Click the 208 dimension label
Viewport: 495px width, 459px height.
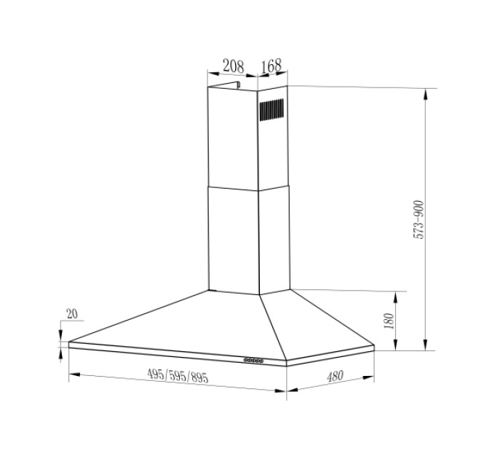tap(233, 66)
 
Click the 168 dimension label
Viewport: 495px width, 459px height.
tap(272, 66)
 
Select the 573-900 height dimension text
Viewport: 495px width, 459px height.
tap(419, 219)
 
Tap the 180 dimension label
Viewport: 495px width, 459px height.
tap(389, 321)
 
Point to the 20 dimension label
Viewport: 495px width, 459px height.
tap(72, 314)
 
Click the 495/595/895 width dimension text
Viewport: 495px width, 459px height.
tap(178, 376)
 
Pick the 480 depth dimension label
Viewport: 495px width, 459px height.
tap(335, 376)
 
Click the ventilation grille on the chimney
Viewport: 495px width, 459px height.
tap(272, 109)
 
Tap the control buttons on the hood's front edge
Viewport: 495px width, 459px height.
tap(253, 359)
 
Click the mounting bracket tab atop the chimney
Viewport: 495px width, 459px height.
tap(238, 85)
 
